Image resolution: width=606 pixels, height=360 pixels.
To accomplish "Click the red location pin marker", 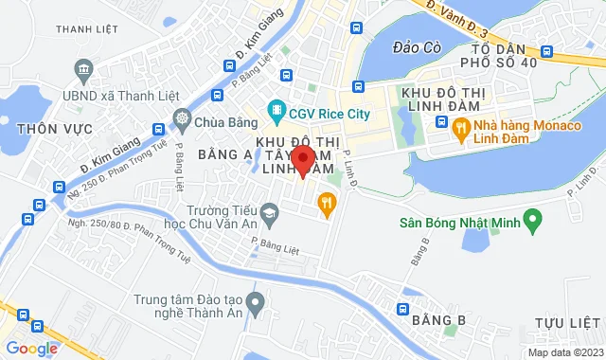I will tap(302, 160).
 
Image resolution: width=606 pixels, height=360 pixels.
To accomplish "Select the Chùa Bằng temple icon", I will tap(182, 120).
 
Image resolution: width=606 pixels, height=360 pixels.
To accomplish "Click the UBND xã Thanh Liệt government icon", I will tap(83, 70).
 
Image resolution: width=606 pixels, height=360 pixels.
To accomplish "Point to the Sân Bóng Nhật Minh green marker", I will tap(532, 224).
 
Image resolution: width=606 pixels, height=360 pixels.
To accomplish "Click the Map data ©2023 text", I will tap(564, 352).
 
